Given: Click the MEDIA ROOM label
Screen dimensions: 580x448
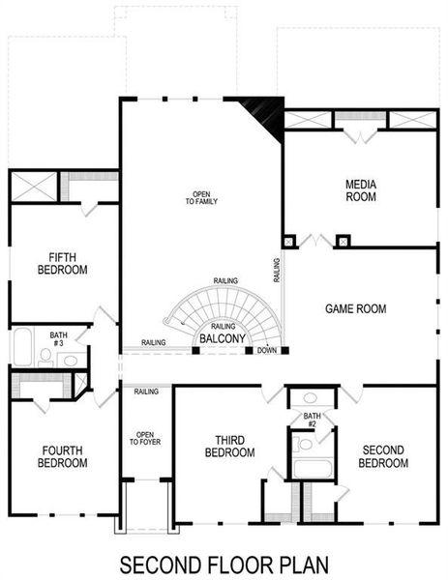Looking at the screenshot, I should [360, 190].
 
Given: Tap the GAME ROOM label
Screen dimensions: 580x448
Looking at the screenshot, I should [355, 309].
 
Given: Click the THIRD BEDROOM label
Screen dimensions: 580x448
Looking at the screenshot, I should [229, 449].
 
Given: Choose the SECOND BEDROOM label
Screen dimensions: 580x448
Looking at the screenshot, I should [383, 456].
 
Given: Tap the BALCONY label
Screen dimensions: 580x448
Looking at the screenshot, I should [223, 339].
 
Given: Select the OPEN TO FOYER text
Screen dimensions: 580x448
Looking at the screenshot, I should [144, 438].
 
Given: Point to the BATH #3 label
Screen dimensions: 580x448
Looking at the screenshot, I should [58, 338].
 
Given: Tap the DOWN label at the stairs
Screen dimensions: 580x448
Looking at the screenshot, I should [267, 349].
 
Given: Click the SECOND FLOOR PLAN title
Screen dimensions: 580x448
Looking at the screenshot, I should [223, 563].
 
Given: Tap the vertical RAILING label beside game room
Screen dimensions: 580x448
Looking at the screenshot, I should [277, 270].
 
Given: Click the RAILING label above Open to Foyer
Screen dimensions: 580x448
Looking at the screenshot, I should [146, 391].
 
